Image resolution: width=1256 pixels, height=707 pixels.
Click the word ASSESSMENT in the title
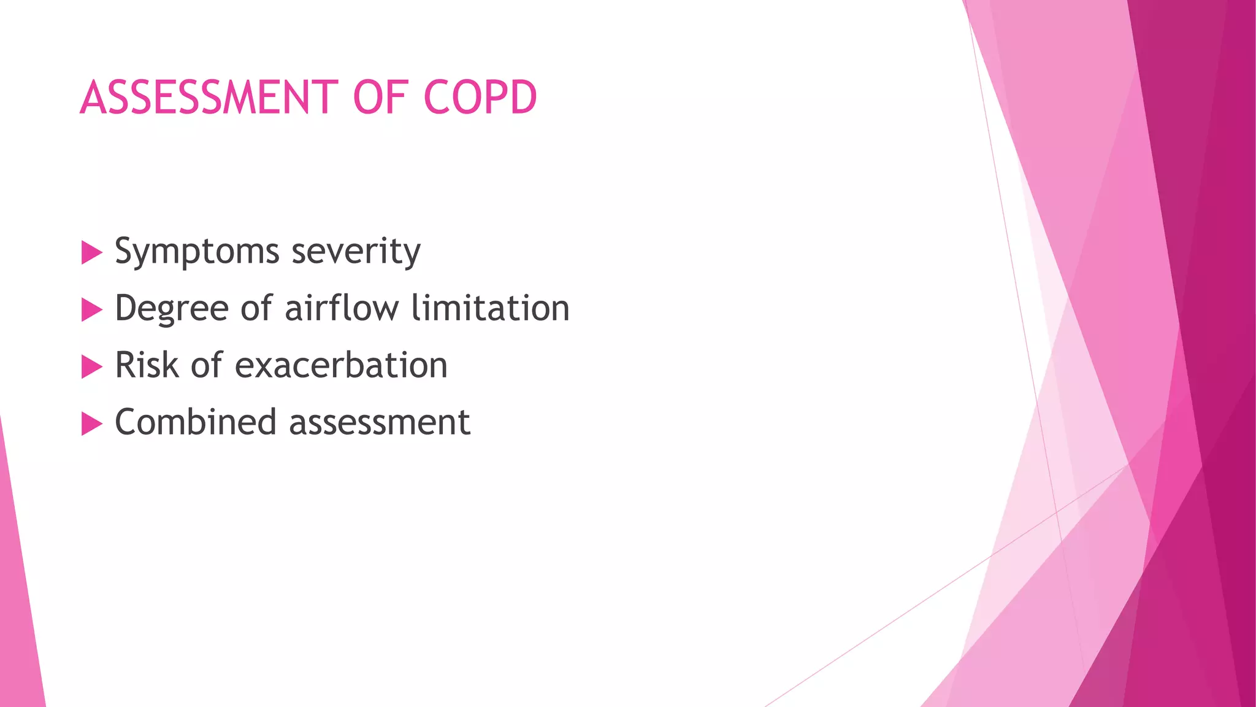[209, 98]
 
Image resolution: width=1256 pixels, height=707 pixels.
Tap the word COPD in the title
[480, 98]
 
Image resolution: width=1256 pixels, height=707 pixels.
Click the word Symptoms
[197, 252]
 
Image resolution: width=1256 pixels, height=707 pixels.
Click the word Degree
[172, 309]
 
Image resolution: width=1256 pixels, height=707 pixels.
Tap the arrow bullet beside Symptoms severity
[91, 252]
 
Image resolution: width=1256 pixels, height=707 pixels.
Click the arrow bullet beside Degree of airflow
[91, 309]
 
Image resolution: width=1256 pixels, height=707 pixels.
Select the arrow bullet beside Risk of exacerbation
[91, 366]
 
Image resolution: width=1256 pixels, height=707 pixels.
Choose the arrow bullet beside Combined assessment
[91, 423]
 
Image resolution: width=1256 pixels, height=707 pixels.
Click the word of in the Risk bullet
[207, 365]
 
